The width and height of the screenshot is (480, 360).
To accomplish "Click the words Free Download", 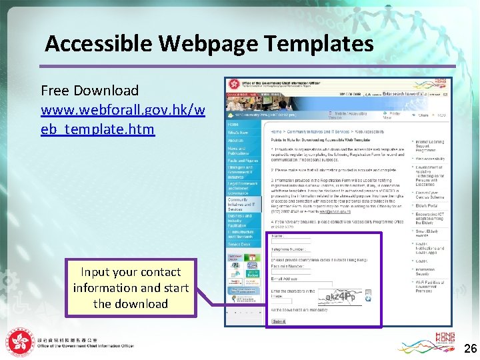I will click(89, 91).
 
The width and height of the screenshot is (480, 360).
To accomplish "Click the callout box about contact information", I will click(131, 288).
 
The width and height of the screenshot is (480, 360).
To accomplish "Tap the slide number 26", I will click(470, 348).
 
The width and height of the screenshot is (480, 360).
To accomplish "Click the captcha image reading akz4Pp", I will click(339, 296).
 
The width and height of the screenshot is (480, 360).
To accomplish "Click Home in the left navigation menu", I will click(233, 125).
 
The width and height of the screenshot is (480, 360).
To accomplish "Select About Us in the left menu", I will click(235, 141).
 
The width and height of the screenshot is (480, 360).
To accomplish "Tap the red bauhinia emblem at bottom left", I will click(19, 341).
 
